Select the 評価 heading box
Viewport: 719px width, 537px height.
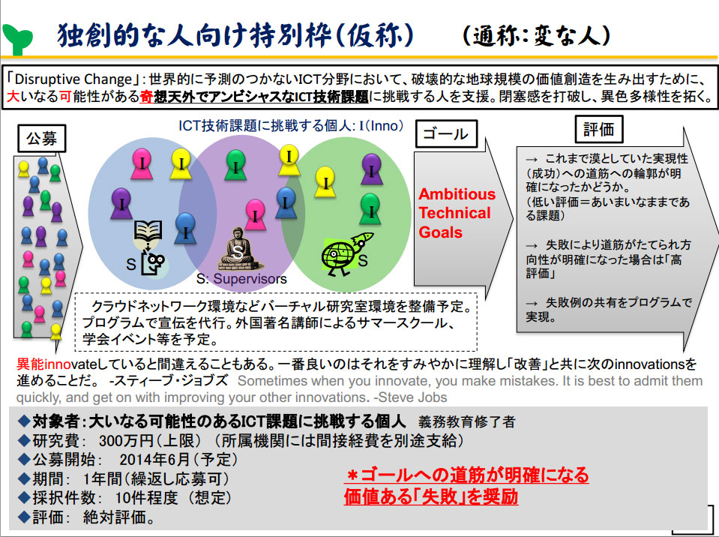pos(598,129)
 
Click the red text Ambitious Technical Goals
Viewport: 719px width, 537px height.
pos(457,213)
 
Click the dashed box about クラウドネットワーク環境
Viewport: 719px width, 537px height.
pos(276,322)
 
